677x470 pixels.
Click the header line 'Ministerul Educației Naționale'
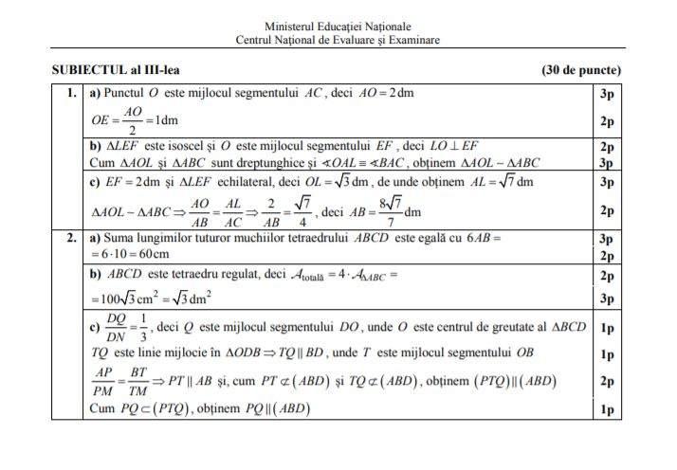[338, 27]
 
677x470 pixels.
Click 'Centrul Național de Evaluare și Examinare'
[338, 41]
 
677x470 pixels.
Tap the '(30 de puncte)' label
[581, 70]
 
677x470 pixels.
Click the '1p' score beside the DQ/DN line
[607, 328]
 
